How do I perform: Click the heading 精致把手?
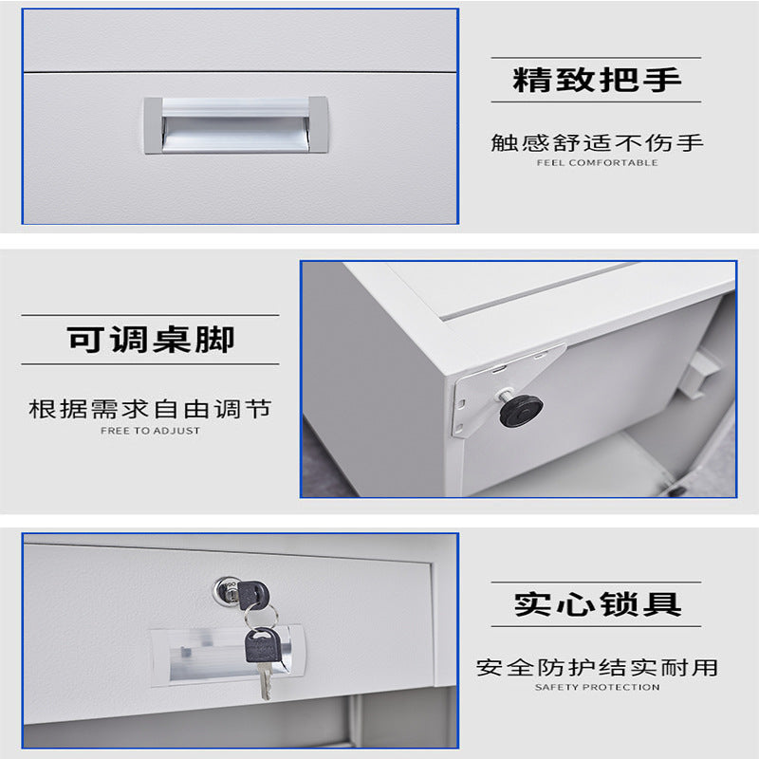[x=597, y=80]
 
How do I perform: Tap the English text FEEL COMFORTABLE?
[x=597, y=162]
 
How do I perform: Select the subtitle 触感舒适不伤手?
[x=597, y=143]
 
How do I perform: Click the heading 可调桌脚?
[x=151, y=340]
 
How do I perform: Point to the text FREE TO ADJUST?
[x=150, y=431]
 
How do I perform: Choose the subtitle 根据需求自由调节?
[x=150, y=409]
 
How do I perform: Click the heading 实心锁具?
[x=598, y=604]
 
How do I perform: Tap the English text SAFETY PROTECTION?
[x=597, y=687]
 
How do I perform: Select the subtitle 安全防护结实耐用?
[x=597, y=668]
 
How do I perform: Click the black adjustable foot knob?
[x=520, y=411]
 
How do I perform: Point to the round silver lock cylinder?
[x=226, y=590]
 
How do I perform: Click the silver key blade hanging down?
[x=265, y=680]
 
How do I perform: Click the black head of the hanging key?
[x=263, y=644]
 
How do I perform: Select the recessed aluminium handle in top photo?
[x=235, y=125]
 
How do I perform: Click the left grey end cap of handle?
[x=153, y=125]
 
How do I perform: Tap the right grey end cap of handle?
[x=319, y=125]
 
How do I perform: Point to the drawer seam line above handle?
[x=240, y=72]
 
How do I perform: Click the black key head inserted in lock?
[x=252, y=595]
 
